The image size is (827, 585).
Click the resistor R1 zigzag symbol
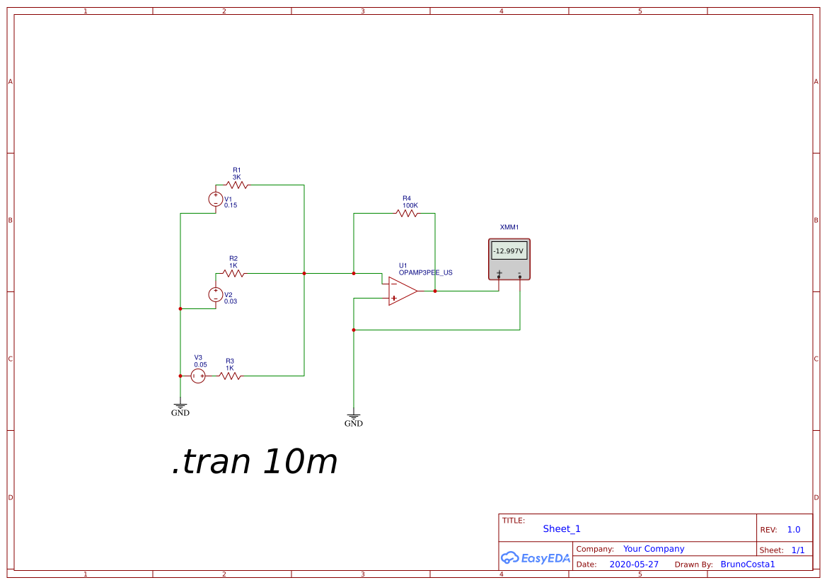click(x=237, y=185)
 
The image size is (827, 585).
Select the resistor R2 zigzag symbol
click(x=233, y=273)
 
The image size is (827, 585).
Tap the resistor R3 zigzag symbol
click(x=230, y=376)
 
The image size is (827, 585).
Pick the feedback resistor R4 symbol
click(x=407, y=213)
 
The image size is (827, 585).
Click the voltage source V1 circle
click(x=216, y=199)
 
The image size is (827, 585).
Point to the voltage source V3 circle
click(x=198, y=376)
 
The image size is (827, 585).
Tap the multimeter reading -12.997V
click(x=509, y=251)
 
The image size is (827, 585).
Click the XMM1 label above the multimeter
click(x=509, y=227)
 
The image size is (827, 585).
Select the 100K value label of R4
click(x=410, y=205)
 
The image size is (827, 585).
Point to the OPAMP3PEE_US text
click(x=425, y=272)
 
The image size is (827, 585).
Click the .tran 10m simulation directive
click(x=255, y=462)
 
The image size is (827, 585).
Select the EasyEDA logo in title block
click(x=536, y=557)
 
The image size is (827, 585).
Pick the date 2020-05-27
click(x=634, y=564)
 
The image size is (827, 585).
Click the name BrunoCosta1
click(x=748, y=564)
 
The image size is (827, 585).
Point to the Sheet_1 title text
click(x=562, y=528)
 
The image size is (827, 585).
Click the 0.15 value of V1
click(x=231, y=205)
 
